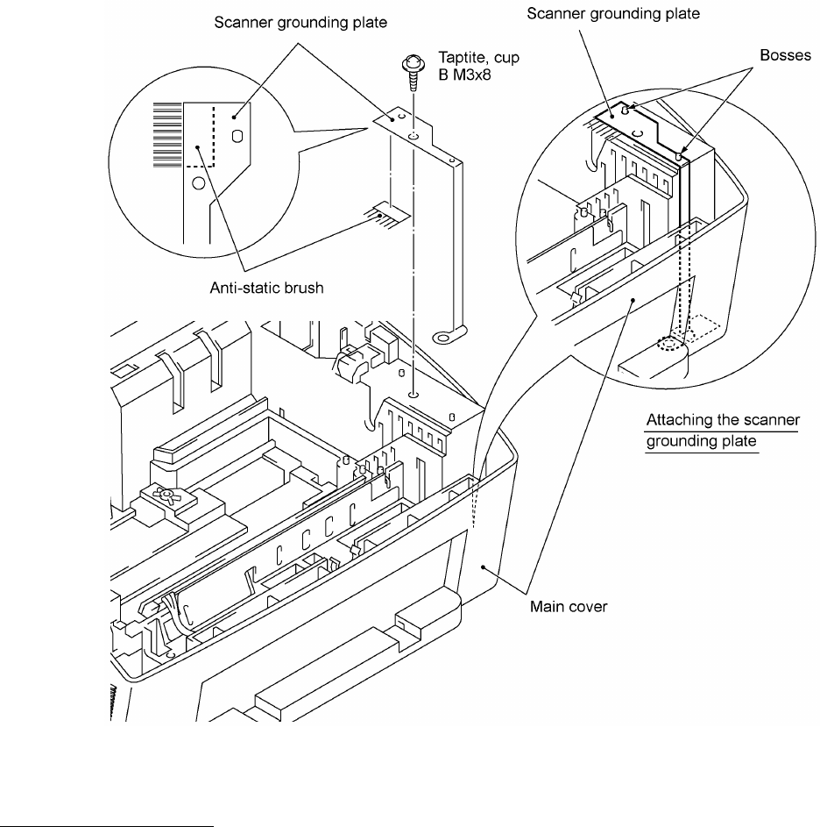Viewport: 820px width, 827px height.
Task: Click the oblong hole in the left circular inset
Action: pos(236,136)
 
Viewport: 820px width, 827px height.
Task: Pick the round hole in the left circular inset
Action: pos(198,183)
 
